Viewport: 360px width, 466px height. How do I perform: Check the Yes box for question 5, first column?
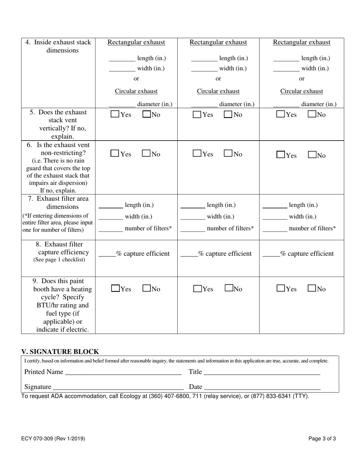coord(115,114)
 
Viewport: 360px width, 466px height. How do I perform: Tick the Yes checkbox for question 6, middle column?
coord(197,154)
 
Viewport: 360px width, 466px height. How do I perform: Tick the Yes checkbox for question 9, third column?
coord(281,289)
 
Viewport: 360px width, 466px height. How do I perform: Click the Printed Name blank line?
coord(123,372)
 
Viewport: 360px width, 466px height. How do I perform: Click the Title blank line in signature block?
coord(261,372)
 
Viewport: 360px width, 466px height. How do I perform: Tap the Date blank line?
coord(262,387)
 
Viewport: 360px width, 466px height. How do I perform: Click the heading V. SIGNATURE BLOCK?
coord(60,352)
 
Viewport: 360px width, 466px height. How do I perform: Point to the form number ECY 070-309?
coord(53,439)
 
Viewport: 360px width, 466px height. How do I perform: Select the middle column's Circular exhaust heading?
coord(218,91)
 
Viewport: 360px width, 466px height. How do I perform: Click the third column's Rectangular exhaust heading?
coord(302,42)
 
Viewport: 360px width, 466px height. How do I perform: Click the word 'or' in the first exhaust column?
coord(136,79)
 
